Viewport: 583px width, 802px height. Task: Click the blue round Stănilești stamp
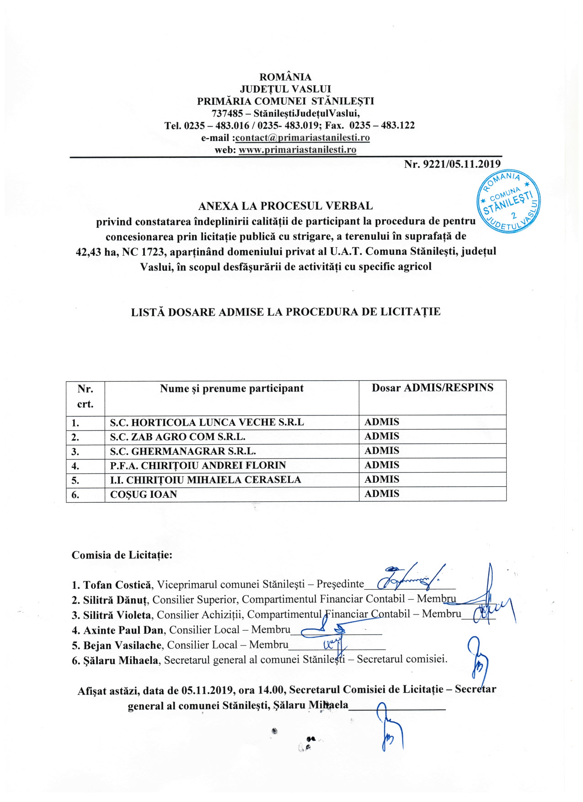click(508, 201)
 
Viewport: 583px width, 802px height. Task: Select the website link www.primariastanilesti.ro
click(297, 150)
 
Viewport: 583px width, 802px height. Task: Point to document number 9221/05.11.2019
click(452, 164)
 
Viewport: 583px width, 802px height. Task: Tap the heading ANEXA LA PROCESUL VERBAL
click(285, 206)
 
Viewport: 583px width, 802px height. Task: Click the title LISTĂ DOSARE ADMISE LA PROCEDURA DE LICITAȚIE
click(286, 312)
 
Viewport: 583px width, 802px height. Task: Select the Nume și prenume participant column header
click(231, 388)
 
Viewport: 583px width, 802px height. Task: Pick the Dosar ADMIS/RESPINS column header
click(432, 388)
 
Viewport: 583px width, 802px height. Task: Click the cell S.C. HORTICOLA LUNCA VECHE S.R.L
click(207, 422)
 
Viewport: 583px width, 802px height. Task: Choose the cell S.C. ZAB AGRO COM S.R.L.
click(178, 436)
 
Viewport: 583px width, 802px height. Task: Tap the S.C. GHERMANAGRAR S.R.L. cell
click(183, 451)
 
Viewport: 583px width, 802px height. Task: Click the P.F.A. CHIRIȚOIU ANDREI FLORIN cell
click(198, 465)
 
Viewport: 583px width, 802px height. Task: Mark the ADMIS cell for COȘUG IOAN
click(382, 494)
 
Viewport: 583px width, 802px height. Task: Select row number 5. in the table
click(75, 480)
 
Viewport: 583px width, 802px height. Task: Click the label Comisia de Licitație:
click(122, 555)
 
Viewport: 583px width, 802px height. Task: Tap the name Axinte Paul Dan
click(123, 630)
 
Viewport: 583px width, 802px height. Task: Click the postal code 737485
click(227, 113)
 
